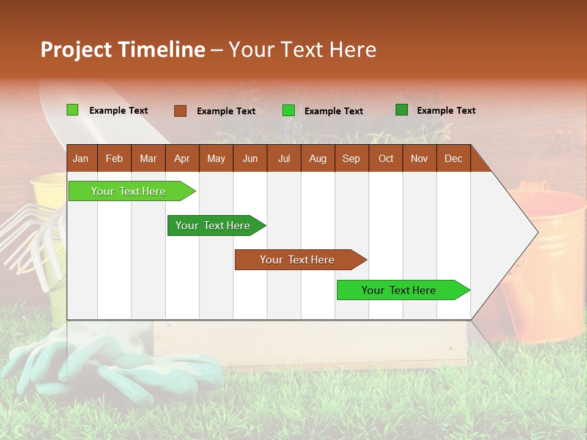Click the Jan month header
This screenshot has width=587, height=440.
(81, 158)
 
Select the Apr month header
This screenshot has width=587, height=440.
(182, 158)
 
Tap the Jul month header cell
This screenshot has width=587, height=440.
(284, 158)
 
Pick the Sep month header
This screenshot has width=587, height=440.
(351, 158)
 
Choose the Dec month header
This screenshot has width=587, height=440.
(453, 158)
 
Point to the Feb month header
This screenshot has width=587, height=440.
(114, 158)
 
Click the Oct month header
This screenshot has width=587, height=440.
(386, 158)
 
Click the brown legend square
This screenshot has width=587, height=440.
(180, 111)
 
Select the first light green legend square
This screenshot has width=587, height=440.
(73, 110)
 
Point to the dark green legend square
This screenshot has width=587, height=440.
(402, 110)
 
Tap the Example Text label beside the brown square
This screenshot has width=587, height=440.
(226, 111)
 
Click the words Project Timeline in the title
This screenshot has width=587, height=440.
(122, 50)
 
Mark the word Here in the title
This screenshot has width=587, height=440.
(353, 50)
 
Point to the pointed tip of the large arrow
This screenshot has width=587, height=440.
(536, 232)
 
